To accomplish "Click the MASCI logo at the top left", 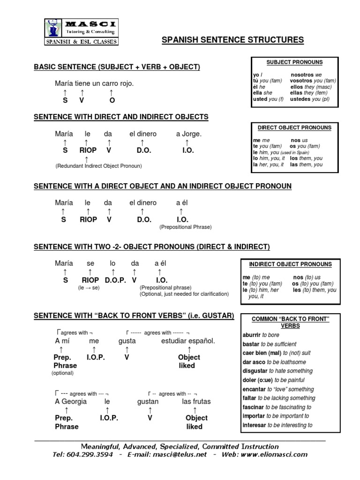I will pos(81,32).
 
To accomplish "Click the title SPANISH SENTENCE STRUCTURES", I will pos(232,40).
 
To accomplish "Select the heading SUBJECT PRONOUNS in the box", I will pos(294,62).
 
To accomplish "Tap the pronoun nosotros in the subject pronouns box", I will pos(302,75).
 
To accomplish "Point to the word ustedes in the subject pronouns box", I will pos(303,99).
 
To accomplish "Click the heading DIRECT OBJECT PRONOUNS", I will pos(294,127).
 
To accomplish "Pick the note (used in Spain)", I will pos(295,153).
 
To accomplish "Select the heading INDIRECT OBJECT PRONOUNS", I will pos(290,264).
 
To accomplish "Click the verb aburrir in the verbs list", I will pos(252,335).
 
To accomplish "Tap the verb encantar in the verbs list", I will pos(255,389).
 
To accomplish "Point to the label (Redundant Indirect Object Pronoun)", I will pos(98,166).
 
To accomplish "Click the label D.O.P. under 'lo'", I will pos(115,280).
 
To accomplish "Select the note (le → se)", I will pos(89,288).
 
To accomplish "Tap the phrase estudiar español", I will pos(188,341).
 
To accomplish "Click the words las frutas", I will pos(196,401).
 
